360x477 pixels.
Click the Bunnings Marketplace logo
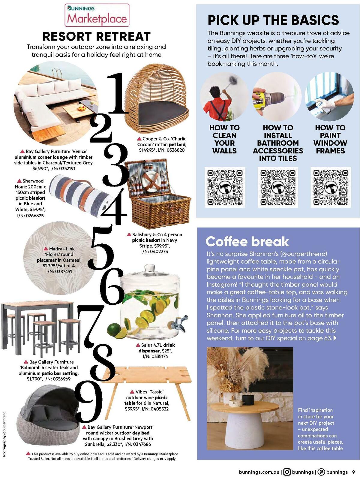[x=97, y=15]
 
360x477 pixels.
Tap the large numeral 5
[x=102, y=248]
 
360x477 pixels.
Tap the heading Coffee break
[x=247, y=241]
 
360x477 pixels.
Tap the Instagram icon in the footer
[x=287, y=472]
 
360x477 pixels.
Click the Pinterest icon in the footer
[x=321, y=472]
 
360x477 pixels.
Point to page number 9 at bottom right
[x=354, y=472]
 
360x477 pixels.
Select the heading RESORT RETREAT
[x=96, y=36]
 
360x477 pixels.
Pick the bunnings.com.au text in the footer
[x=259, y=472]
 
